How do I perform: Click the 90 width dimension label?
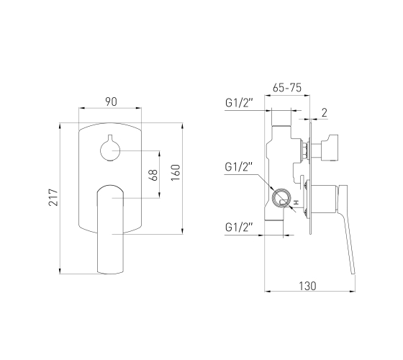point(111,102)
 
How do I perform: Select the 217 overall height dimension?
point(53,197)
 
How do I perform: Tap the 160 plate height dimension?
point(176,173)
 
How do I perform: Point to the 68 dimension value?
point(154,175)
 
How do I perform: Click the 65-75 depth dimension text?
point(287,88)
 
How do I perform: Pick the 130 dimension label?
point(308,286)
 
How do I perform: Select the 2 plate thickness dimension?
point(325,112)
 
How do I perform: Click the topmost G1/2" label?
point(239,103)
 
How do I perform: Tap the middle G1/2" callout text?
point(239,167)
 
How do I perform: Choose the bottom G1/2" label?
point(239,228)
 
